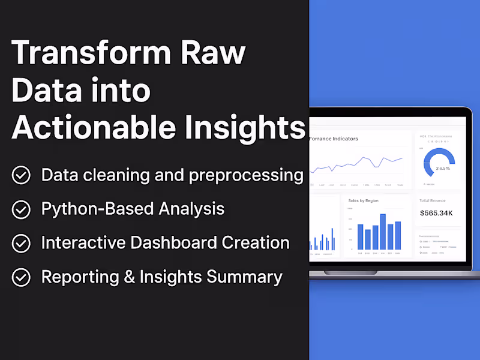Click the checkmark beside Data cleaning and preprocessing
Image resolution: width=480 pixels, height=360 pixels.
(x=22, y=175)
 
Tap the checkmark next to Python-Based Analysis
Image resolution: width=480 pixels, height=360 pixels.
(x=22, y=209)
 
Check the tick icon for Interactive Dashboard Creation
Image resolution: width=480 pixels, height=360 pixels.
(x=22, y=243)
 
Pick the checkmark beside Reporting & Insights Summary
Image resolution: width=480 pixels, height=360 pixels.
(x=22, y=277)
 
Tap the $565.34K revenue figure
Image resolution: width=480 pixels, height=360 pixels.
(x=436, y=213)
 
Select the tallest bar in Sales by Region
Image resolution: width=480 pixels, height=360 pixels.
(x=383, y=232)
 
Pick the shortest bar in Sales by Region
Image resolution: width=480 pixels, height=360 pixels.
(x=368, y=239)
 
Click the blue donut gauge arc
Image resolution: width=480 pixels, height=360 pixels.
(x=439, y=154)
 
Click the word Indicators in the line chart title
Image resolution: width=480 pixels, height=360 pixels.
(x=344, y=139)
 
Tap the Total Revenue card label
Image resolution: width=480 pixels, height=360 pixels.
(x=432, y=200)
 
